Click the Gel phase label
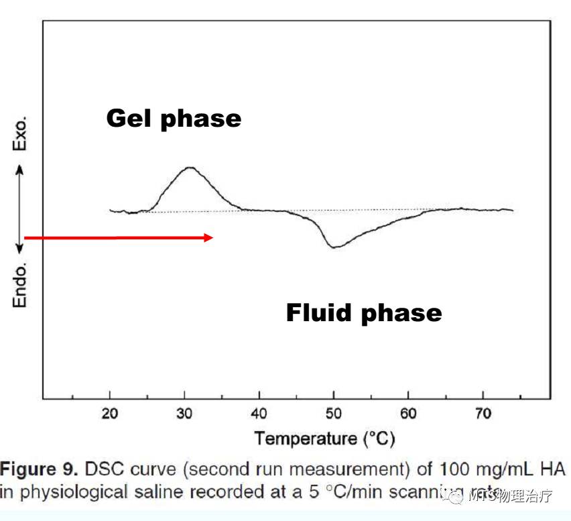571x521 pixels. click(x=174, y=119)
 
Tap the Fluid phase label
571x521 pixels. click(x=364, y=312)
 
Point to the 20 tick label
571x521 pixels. click(x=109, y=414)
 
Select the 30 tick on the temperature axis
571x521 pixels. click(x=184, y=414)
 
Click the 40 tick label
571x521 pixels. click(x=259, y=414)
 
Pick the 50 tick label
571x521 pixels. click(x=334, y=414)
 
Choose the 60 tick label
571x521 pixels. click(x=408, y=414)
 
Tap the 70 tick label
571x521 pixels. click(x=483, y=414)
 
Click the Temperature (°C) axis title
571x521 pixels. click(x=324, y=439)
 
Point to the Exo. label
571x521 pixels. click(x=21, y=134)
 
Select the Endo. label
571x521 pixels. click(x=21, y=285)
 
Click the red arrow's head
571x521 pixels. click(x=208, y=237)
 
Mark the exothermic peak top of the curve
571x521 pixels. click(x=190, y=168)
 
